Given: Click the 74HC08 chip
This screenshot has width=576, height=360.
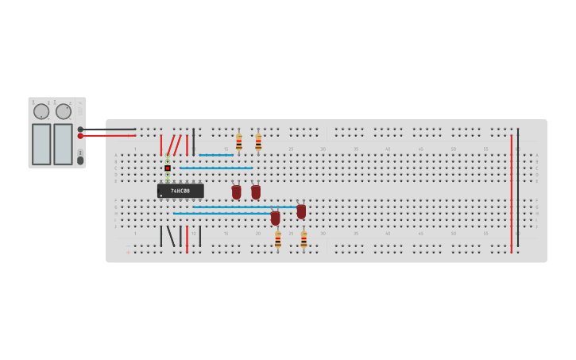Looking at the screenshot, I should (180, 191).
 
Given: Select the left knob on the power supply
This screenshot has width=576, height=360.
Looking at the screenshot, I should (41, 111).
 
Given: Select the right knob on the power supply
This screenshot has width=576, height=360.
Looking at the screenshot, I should (64, 111).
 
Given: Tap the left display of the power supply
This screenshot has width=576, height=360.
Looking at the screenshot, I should (41, 144).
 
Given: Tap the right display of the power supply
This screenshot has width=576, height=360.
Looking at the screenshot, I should (63, 144).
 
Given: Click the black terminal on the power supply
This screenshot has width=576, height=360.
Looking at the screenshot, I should (80, 129).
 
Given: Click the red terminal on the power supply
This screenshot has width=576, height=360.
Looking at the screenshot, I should (80, 136).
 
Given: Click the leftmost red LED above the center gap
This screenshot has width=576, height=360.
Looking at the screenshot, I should (236, 192).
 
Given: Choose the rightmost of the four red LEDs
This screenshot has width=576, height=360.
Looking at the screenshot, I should (301, 211).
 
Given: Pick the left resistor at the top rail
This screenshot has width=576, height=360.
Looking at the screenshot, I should (238, 142).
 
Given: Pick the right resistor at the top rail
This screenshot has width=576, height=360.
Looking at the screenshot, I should (258, 142).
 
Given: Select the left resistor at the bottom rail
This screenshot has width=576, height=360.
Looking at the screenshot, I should (277, 238).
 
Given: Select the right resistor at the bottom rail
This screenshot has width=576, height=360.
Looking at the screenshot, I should (303, 238).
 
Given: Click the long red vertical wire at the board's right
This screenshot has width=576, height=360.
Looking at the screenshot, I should (512, 193).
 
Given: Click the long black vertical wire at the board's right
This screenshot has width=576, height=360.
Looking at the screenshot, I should (518, 187).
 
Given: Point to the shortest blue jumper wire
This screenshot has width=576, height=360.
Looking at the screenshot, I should (215, 155).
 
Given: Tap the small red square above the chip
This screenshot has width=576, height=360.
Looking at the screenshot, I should (168, 168).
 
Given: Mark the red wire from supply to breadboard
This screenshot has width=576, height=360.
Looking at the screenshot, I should (107, 136).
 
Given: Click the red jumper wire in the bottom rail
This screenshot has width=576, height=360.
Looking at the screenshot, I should (187, 238).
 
